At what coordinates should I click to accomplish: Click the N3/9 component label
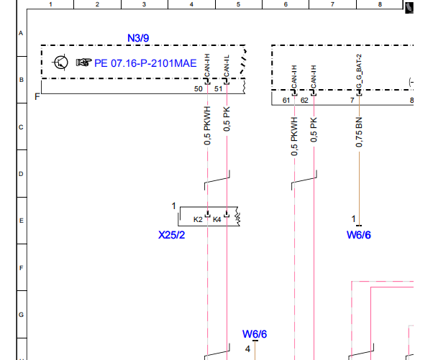138,38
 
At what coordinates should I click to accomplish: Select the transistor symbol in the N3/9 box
60,63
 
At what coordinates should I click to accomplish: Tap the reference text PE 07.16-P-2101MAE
145,63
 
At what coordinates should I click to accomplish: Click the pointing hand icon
83,63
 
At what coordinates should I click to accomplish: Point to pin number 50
199,89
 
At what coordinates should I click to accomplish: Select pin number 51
218,89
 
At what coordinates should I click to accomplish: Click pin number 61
286,100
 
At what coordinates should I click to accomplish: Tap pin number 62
304,100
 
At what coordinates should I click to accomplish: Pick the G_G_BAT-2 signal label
359,71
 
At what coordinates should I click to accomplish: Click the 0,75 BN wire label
359,132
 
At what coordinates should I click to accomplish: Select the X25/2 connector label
171,235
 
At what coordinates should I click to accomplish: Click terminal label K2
198,220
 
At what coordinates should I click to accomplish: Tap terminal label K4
217,220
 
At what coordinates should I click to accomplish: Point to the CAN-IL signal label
227,66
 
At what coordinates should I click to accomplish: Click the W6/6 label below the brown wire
359,235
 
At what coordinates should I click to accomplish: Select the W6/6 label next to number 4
255,334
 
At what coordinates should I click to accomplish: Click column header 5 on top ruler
238,4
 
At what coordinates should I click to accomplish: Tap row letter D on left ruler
21,174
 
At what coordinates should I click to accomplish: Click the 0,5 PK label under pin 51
227,119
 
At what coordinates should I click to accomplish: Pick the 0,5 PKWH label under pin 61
294,137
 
